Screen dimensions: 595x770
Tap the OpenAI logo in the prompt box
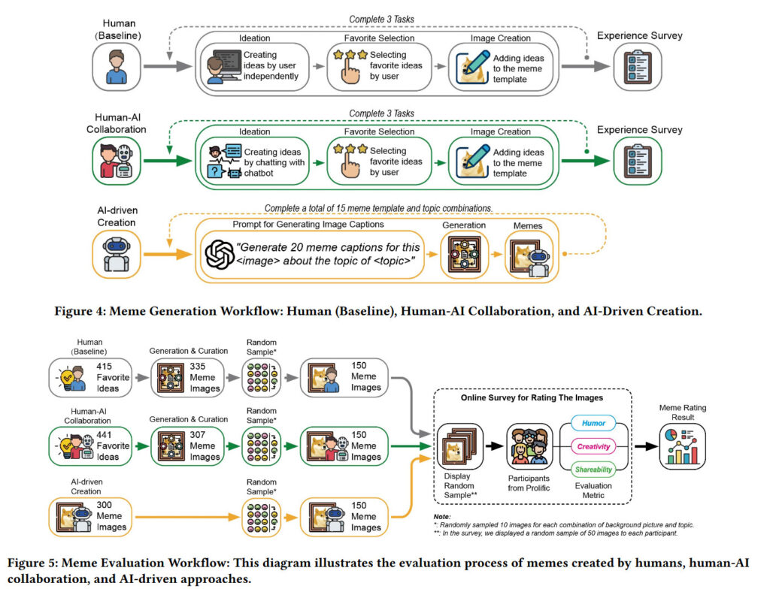tap(220, 252)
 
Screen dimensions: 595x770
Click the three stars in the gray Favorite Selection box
tap(352, 54)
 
